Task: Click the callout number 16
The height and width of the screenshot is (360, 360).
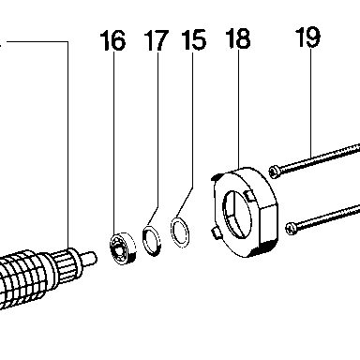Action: (112, 40)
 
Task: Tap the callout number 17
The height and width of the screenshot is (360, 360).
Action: (157, 40)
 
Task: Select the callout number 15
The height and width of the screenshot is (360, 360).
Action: (194, 39)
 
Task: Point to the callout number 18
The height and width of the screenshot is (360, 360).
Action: (238, 38)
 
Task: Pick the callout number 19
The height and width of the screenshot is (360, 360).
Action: (308, 37)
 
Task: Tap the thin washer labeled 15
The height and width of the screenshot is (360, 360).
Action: (180, 232)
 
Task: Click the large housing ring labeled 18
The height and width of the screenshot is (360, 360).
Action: (246, 213)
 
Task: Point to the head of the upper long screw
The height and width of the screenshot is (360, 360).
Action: (274, 172)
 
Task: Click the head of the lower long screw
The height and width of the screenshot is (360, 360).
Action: (291, 228)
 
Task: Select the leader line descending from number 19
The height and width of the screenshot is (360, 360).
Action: (310, 103)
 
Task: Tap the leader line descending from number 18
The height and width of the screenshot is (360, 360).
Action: (239, 109)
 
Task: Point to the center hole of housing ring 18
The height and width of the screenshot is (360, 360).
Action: (237, 214)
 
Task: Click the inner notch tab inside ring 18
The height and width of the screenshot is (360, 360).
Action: (249, 195)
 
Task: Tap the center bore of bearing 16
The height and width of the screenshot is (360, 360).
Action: (118, 249)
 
